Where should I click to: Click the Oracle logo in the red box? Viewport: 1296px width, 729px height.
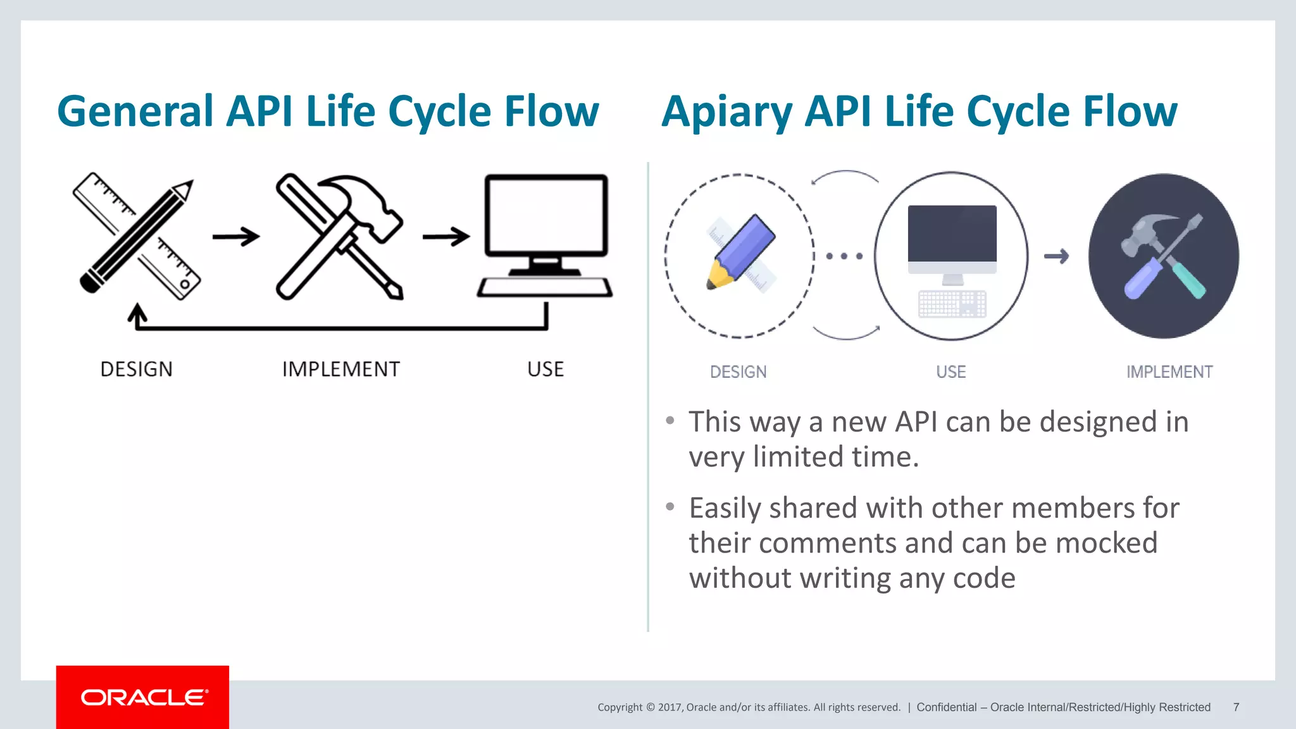pyautogui.click(x=144, y=697)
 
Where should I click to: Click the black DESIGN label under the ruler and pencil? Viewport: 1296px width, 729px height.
pyautogui.click(x=136, y=369)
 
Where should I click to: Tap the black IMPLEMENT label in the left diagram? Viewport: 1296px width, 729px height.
pyautogui.click(x=340, y=369)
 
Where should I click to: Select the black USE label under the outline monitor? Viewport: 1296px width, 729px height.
pyautogui.click(x=545, y=369)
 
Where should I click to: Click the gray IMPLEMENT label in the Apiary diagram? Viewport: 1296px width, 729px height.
pyautogui.click(x=1169, y=372)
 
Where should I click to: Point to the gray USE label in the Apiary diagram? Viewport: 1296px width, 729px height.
pyautogui.click(x=950, y=372)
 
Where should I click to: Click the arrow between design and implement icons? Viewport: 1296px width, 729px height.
pyautogui.click(x=235, y=237)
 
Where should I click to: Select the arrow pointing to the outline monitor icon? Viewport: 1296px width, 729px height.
pyautogui.click(x=445, y=237)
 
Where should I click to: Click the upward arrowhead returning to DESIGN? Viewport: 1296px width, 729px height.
pyautogui.click(x=137, y=313)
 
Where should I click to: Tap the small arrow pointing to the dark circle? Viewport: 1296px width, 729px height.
pyautogui.click(x=1056, y=256)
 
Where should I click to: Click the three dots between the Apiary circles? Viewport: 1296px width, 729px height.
pyautogui.click(x=844, y=256)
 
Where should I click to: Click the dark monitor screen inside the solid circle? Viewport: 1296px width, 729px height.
pyautogui.click(x=952, y=233)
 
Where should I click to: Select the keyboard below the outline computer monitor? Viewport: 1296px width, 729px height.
pyautogui.click(x=545, y=287)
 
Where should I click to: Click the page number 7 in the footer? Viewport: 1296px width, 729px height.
pyautogui.click(x=1236, y=707)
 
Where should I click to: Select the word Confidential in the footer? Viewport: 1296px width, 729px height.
pyautogui.click(x=946, y=707)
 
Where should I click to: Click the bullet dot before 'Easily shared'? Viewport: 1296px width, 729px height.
pyautogui.click(x=670, y=506)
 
